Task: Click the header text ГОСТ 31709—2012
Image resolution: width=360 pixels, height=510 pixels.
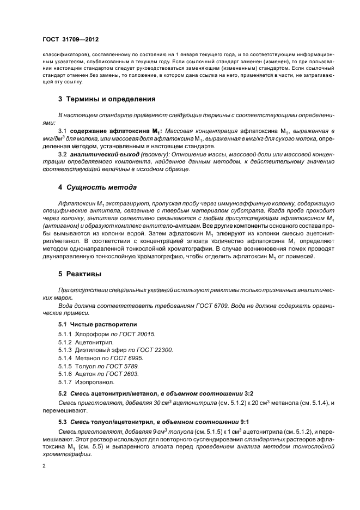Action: coord(71,40)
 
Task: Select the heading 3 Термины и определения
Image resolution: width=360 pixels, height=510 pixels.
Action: coord(107,100)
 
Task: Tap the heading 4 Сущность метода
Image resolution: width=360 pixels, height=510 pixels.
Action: coord(97,187)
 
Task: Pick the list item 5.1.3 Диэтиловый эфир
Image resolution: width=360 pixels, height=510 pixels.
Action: coord(115,350)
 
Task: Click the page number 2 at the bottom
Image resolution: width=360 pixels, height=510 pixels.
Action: coord(44,466)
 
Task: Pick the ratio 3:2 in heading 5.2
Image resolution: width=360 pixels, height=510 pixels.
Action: coord(249,393)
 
